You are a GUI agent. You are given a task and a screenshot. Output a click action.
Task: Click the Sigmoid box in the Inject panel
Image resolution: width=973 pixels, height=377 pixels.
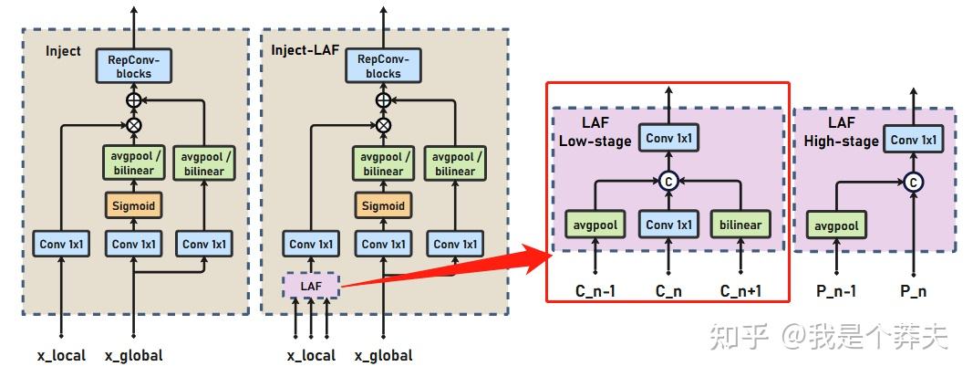134,205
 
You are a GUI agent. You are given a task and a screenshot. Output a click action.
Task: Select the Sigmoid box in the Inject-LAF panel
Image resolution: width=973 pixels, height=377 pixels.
383,205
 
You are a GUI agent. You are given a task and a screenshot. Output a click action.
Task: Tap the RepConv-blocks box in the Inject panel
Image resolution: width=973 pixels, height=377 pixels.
134,67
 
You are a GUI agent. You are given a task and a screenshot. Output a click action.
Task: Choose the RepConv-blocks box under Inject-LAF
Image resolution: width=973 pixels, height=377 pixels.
383,67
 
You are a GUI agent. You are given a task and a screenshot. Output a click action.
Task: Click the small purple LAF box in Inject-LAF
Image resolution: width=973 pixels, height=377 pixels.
312,287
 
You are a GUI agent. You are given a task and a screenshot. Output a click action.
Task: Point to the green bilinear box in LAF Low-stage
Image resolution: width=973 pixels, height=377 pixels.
740,225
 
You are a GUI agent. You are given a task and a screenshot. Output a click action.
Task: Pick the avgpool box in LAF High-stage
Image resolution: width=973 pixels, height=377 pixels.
835,225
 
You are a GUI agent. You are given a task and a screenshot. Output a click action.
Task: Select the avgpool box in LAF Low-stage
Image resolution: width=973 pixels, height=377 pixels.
595,225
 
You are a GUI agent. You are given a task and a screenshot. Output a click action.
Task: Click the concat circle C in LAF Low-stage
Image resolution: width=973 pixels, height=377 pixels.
669,181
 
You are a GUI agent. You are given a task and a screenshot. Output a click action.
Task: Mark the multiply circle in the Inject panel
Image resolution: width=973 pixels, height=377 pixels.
134,124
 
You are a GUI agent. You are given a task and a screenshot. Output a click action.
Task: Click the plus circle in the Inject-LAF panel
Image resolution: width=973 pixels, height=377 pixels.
383,99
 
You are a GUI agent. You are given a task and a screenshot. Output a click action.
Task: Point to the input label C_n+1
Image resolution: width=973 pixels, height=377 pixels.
740,292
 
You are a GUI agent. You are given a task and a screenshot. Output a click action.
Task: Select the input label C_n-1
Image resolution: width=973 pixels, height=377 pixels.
595,292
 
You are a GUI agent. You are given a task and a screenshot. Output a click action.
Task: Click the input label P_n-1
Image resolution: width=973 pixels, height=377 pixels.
835,292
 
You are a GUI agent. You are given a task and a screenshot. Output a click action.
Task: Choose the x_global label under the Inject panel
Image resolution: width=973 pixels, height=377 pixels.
134,355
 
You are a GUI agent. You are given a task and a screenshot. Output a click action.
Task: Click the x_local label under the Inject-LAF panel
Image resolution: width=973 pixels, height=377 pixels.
311,355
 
